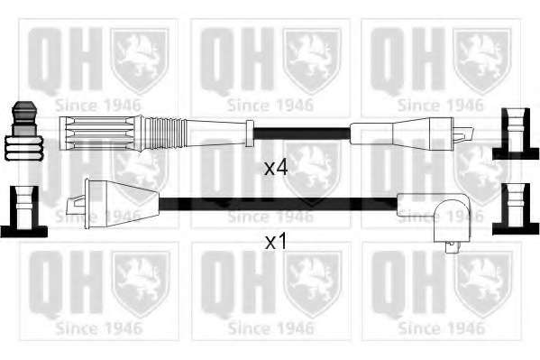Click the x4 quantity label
pos(275,169)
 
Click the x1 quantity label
pos(275,242)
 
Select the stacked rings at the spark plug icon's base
pos(23,148)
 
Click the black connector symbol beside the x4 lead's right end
pos(515,134)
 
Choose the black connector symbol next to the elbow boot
pos(516,209)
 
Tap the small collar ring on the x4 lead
pos(250,134)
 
